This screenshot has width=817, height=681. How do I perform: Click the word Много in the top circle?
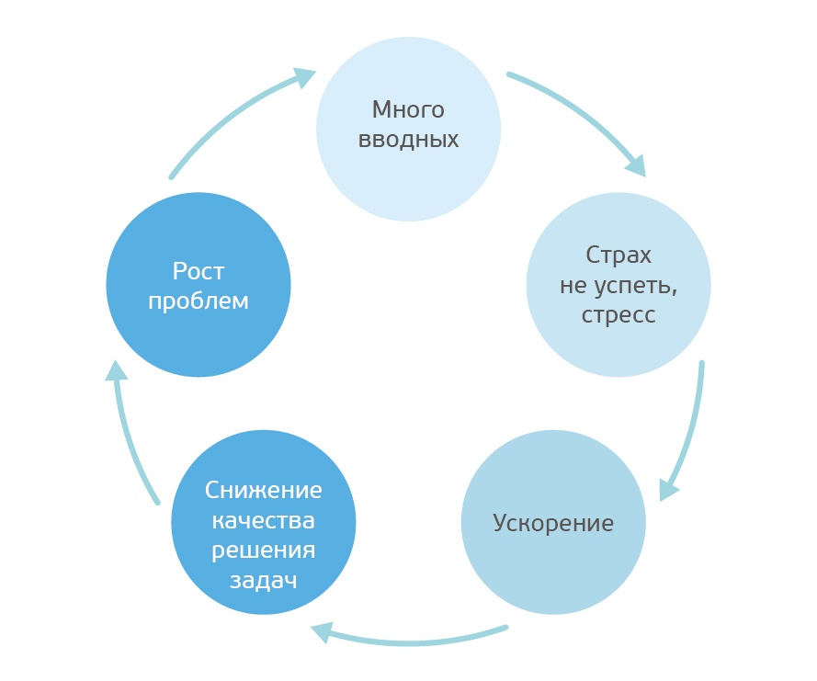tap(408, 110)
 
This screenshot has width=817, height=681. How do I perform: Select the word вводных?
tap(408, 141)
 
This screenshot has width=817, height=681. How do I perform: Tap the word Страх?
tap(618, 255)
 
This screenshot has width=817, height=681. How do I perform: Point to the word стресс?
tap(618, 315)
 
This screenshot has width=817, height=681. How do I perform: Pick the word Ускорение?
tap(553, 524)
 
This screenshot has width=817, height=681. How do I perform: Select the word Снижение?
tap(263, 489)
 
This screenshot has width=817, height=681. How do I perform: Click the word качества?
tap(263, 520)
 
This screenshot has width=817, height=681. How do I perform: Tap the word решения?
tap(263, 550)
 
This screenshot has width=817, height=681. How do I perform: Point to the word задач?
tap(263, 581)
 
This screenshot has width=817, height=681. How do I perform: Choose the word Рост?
tap(199, 271)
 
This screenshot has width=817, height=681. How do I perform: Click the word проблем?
tap(199, 301)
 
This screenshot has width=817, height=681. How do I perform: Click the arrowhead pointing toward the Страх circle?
tap(635, 165)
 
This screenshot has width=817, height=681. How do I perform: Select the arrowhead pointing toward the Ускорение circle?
tap(669, 489)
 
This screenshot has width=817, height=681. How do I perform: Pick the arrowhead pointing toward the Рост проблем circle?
tap(115, 370)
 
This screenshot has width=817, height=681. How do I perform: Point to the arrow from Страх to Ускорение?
tap(694, 423)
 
